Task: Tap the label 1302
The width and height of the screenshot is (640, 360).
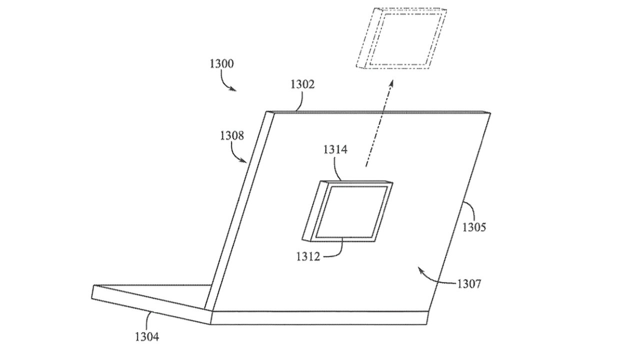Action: point(302,84)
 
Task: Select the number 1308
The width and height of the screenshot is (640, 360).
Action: point(231,135)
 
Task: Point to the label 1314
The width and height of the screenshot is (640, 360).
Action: point(335,149)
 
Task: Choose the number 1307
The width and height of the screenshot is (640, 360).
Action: point(469,284)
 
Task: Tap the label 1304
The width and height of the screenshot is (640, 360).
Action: point(147,336)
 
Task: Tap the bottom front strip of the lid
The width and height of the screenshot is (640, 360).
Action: point(320,317)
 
